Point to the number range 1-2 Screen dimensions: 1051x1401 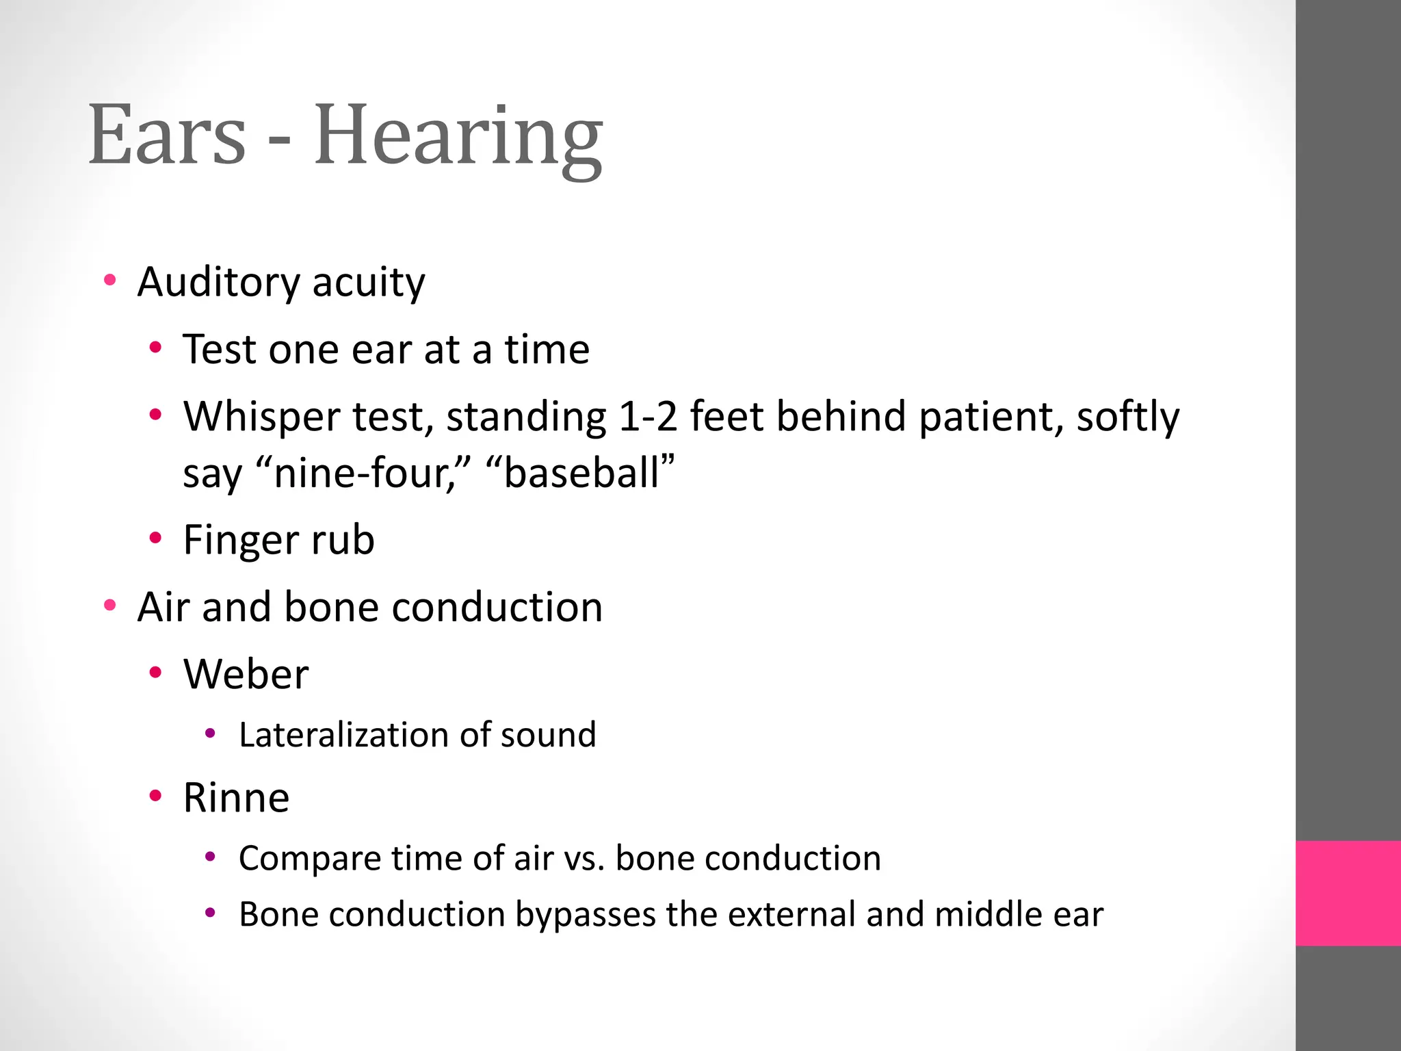click(x=647, y=416)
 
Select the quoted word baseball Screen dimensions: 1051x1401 click(x=581, y=472)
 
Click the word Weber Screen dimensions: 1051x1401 click(x=246, y=674)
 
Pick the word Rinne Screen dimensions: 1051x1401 click(x=236, y=797)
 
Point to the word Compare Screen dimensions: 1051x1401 click(x=310, y=859)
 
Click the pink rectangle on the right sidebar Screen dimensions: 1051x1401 click(x=1348, y=893)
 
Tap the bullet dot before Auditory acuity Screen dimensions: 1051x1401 click(x=109, y=280)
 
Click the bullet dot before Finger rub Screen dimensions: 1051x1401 click(x=155, y=538)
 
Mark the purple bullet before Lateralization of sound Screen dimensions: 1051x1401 click(x=210, y=734)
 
